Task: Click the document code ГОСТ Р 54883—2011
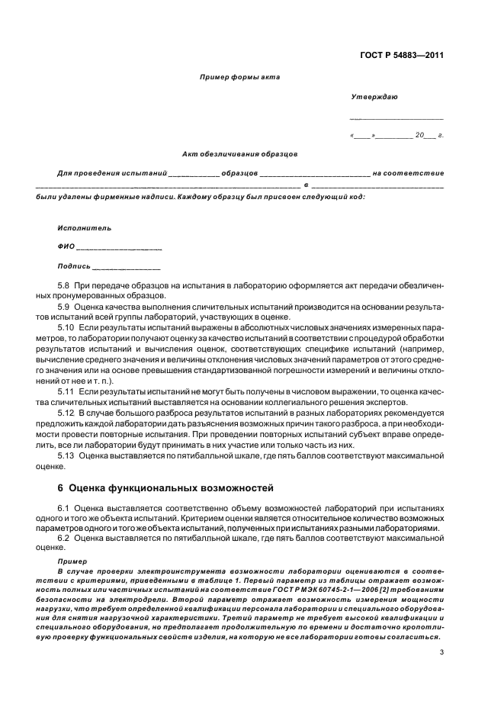tap(401, 55)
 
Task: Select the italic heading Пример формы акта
tap(239, 77)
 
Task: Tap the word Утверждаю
tap(373, 97)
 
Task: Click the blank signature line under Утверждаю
tap(396, 118)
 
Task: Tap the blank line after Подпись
tap(126, 268)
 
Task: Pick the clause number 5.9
tap(64, 306)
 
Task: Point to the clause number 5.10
tap(66, 327)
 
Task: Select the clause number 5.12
tap(66, 413)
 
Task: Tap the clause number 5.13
tap(66, 455)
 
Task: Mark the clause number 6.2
tap(64, 538)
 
